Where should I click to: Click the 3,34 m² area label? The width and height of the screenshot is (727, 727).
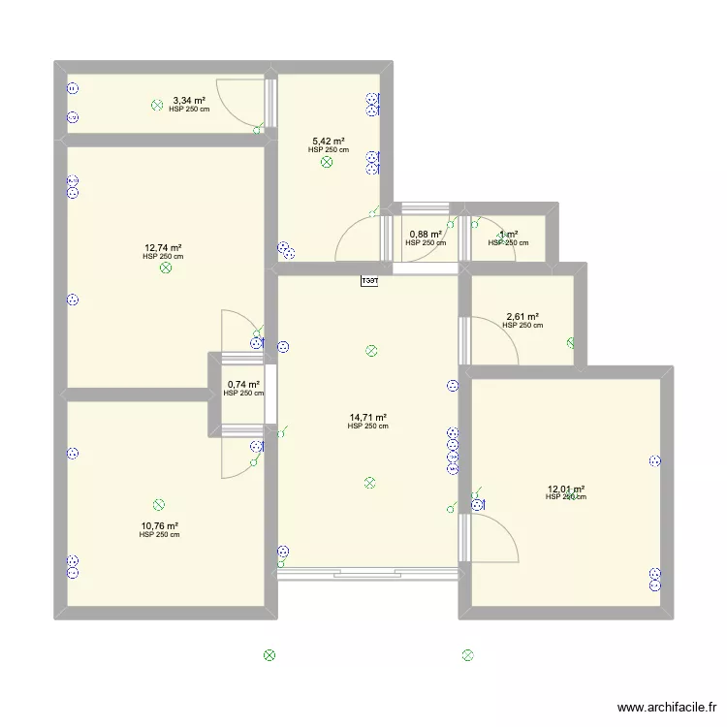coord(189,100)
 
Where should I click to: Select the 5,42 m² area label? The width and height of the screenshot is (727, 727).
coord(328,142)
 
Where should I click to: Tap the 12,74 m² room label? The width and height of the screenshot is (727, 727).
coord(163,247)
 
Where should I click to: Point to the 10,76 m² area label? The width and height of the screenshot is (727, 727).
coord(159,525)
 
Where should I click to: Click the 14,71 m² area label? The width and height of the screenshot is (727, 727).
coord(367,418)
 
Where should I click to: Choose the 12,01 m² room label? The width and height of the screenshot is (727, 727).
coord(566,490)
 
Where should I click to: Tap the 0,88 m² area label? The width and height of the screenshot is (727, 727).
coord(427,235)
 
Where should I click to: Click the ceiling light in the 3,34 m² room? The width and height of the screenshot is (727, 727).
coord(157,105)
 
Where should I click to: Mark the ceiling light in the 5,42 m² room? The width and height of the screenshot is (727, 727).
coord(327,163)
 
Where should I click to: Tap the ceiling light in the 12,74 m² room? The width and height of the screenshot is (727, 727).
coord(166,269)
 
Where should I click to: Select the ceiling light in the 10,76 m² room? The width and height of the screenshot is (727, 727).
coord(159,505)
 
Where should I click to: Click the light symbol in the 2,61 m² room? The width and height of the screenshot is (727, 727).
coord(572,342)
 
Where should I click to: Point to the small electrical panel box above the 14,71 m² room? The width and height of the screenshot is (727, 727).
coord(369,282)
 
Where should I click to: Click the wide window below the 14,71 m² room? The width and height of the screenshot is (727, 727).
coord(367,574)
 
